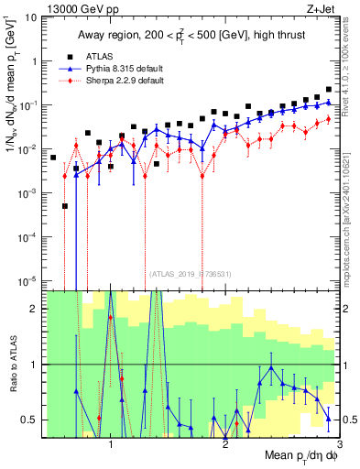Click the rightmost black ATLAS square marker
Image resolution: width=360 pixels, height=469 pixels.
(x=328, y=90)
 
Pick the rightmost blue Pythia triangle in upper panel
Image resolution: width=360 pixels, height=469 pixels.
(x=328, y=103)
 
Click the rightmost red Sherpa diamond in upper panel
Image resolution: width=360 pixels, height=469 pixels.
(x=328, y=120)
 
